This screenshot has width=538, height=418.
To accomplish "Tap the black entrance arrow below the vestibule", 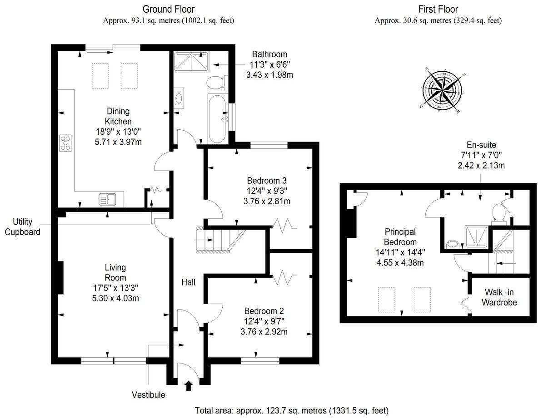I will click(x=189, y=386).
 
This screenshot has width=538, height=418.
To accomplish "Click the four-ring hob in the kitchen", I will click(x=65, y=143).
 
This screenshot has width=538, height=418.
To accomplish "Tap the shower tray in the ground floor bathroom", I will click(x=190, y=61).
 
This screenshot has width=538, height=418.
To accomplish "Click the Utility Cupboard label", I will click(x=23, y=227).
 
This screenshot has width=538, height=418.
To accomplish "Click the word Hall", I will click(x=188, y=282).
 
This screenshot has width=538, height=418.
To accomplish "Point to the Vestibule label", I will click(x=149, y=395).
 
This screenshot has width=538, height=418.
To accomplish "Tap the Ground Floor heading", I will click(x=169, y=9).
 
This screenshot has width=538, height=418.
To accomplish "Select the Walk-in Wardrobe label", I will click(x=499, y=297).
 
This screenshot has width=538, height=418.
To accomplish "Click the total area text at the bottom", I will click(x=291, y=411).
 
